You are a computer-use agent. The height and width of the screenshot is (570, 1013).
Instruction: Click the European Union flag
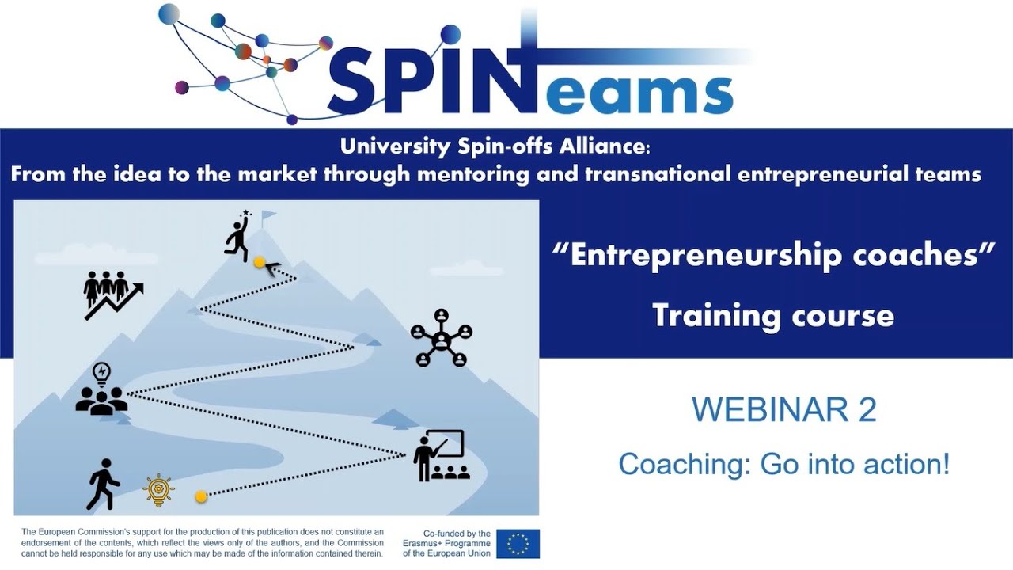(x=518, y=544)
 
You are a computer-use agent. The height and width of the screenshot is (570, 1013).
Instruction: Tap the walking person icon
(x=103, y=484)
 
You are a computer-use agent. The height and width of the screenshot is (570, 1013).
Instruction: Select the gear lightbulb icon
(x=158, y=490)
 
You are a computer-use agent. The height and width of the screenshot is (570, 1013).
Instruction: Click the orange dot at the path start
(x=201, y=496)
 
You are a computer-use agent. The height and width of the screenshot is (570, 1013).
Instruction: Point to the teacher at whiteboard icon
(x=441, y=456)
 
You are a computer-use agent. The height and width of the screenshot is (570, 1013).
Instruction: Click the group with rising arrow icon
(x=112, y=294)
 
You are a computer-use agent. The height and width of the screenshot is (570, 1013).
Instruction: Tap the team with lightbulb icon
(x=101, y=389)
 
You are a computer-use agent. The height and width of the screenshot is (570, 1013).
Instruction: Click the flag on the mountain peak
(x=268, y=216)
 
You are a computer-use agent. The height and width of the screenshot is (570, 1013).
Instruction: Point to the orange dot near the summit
(x=259, y=260)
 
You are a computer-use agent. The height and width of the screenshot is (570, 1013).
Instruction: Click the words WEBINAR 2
(x=783, y=410)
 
